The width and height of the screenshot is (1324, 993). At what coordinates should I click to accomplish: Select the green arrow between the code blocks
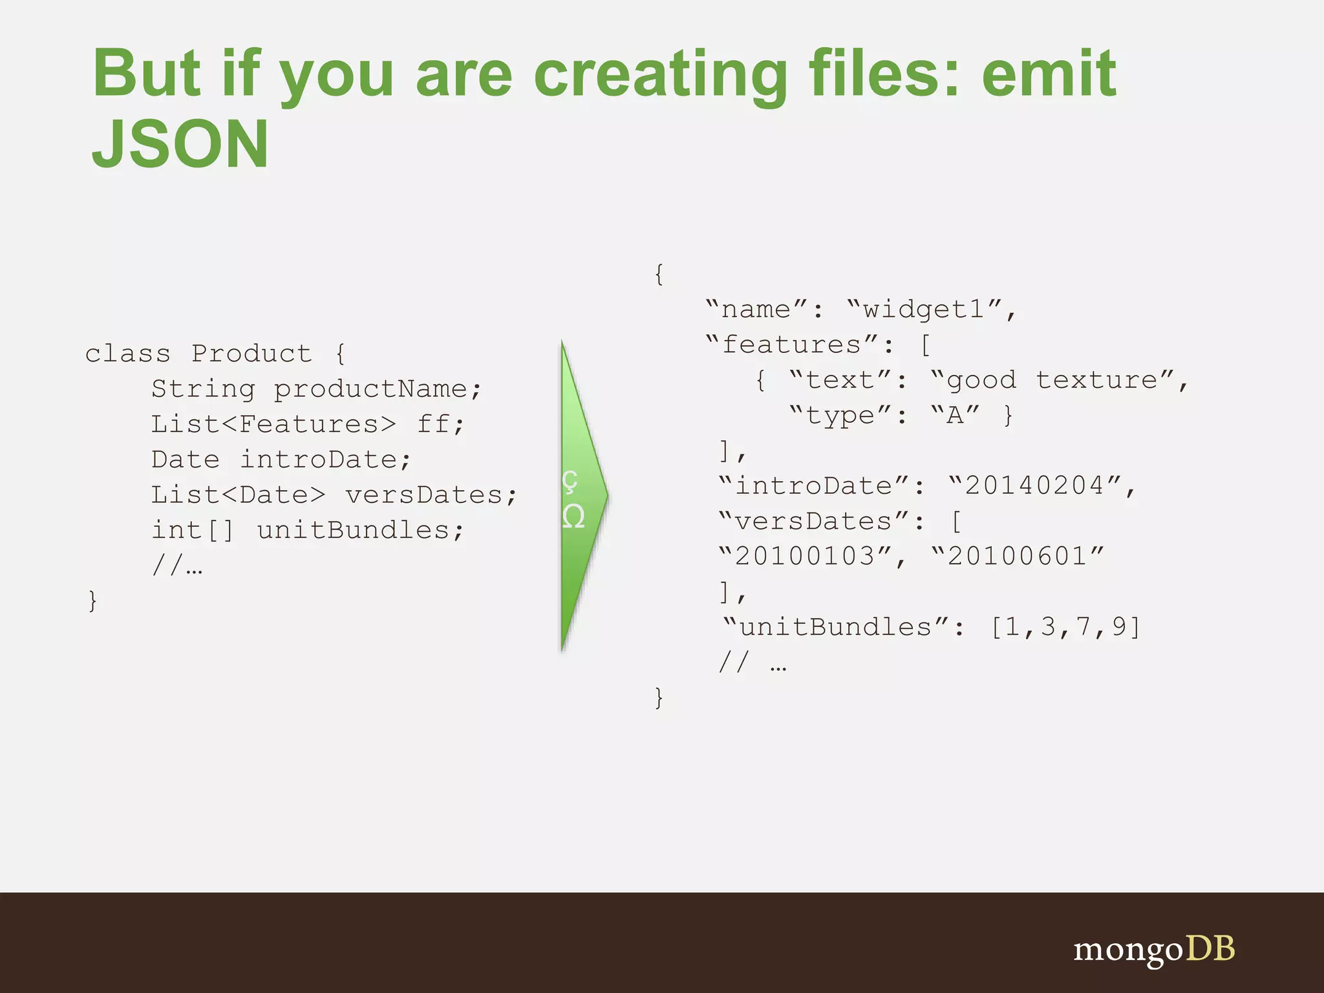[582, 495]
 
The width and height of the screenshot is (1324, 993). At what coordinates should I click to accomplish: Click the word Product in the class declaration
[251, 354]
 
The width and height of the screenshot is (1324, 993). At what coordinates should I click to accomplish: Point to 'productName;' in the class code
[378, 389]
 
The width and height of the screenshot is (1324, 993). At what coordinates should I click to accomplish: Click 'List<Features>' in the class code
[273, 424]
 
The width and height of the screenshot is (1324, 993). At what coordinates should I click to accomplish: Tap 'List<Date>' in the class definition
[238, 495]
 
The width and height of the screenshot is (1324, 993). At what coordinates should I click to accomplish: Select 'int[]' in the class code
[192, 530]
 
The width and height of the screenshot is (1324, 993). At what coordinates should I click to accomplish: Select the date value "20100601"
[1018, 556]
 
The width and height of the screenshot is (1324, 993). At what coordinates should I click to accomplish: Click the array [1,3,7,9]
[1066, 626]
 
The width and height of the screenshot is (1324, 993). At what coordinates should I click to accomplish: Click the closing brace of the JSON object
[659, 698]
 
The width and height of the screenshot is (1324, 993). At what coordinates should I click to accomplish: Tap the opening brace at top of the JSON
[659, 274]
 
